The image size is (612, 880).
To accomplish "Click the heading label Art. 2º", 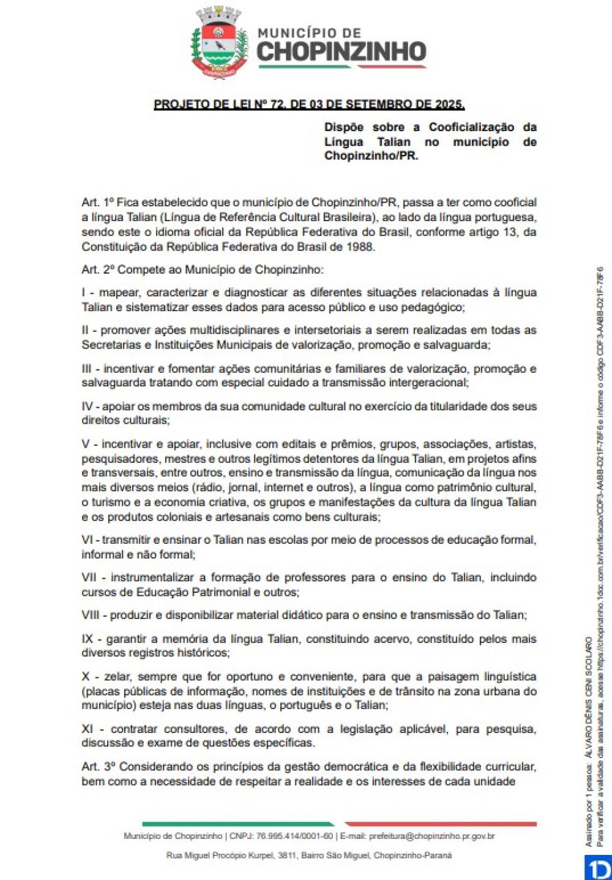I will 98,269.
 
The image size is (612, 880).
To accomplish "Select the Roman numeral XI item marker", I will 89,729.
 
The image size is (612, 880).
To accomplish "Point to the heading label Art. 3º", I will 99,767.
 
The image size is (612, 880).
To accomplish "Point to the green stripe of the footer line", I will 239,824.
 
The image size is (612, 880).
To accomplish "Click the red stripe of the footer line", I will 441,824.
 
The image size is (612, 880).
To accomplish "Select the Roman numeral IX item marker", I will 88,639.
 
